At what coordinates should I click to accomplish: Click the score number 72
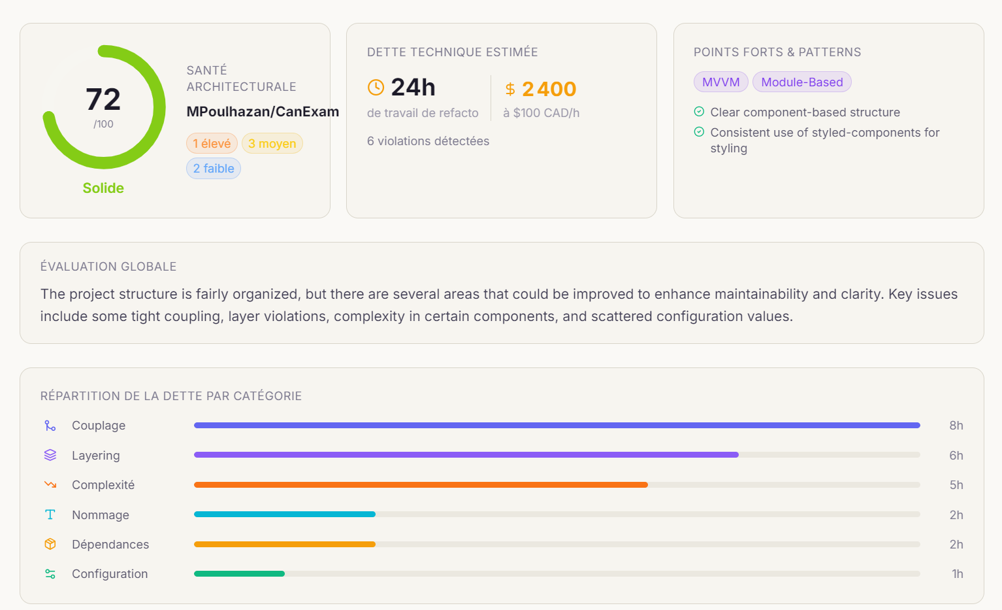(x=103, y=99)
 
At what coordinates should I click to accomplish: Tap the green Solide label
(x=103, y=188)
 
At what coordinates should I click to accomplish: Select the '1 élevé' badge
(x=212, y=143)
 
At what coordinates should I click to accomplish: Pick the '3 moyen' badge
(x=272, y=143)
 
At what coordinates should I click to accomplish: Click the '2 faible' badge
(x=214, y=169)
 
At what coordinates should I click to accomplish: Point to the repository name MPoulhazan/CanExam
(x=263, y=112)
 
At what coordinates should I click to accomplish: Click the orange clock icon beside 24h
(x=376, y=88)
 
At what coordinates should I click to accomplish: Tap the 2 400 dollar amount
(x=549, y=89)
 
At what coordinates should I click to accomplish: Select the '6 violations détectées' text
(x=428, y=141)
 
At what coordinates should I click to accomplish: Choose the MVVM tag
(x=720, y=82)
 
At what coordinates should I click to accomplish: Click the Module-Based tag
(x=801, y=82)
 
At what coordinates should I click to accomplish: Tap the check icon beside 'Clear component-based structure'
(x=699, y=112)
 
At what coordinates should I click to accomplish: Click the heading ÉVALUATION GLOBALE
(x=108, y=267)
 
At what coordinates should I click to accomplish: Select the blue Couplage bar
(x=557, y=425)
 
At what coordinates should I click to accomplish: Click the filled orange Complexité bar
(x=421, y=484)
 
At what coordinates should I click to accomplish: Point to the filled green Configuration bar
(x=239, y=574)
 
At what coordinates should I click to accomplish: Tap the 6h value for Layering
(x=956, y=455)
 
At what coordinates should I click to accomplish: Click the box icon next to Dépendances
(x=50, y=544)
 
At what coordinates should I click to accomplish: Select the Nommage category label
(x=101, y=515)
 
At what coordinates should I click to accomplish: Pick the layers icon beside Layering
(x=50, y=455)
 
